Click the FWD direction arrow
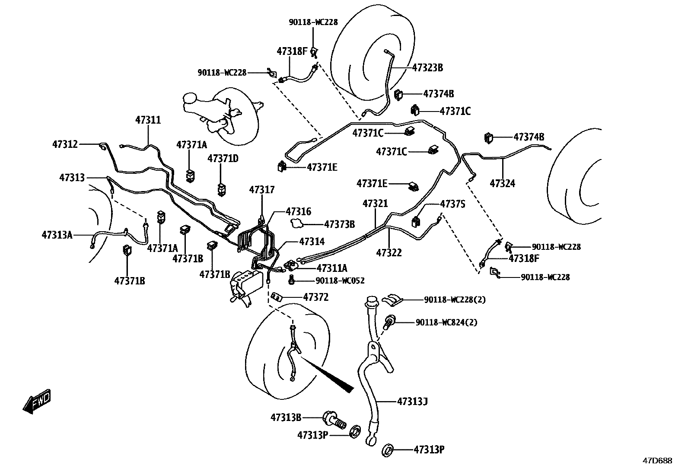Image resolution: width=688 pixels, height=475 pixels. tap(37, 402)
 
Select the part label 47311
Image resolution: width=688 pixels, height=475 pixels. tap(148, 120)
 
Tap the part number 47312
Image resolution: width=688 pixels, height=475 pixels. tap(65, 144)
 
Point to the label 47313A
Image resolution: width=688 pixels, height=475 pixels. tap(57, 235)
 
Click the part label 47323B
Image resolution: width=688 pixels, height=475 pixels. tap(427, 67)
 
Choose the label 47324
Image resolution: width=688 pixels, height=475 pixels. tap(502, 183)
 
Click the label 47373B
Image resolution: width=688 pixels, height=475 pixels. tap(339, 224)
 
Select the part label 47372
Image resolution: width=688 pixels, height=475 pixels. tap(316, 297)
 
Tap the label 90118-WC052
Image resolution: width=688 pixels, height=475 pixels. tap(340, 281)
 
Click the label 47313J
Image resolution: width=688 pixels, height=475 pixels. tap(412, 402)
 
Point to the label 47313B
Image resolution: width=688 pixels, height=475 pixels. tap(286, 417)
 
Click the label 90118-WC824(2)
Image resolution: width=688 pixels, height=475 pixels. tap(446, 322)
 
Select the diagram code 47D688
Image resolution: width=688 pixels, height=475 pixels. tap(657, 461)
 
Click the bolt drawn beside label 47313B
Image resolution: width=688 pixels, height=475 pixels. tap(334, 419)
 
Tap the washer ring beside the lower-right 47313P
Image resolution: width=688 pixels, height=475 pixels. tap(387, 449)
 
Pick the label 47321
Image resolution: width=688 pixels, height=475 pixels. tap(375, 204)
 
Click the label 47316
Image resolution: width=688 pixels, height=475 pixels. tap(298, 211)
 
